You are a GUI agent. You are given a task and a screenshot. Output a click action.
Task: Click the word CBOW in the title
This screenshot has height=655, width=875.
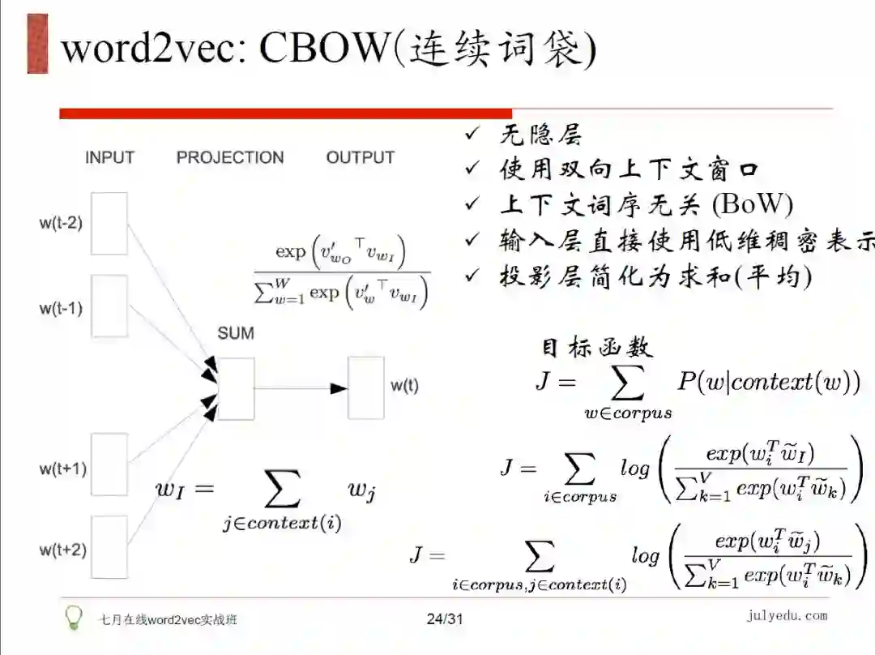point(324,49)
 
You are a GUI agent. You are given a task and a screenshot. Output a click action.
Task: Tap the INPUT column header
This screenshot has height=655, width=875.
point(109,157)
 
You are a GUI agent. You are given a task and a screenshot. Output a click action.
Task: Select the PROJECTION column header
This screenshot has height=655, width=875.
point(230,157)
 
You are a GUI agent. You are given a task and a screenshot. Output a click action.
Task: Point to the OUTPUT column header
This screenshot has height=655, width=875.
point(360,157)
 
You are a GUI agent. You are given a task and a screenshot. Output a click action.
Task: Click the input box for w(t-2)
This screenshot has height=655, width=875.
point(109,223)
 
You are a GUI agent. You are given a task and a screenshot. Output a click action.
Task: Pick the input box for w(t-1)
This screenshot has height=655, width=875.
point(109,306)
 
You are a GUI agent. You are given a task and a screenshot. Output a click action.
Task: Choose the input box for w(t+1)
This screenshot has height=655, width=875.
point(109,464)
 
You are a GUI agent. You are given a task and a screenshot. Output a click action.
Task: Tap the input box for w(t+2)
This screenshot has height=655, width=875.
point(109,546)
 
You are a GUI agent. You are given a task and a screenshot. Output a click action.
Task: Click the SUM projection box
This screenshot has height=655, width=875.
point(236,388)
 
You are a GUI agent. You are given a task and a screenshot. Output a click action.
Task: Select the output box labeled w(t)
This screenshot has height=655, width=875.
point(365,387)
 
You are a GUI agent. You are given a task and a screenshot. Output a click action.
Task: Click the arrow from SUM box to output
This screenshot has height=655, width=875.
point(301,388)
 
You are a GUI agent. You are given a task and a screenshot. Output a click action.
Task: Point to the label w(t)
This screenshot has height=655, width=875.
point(405,386)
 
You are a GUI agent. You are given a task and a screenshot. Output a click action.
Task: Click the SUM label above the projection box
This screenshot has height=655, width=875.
point(235,333)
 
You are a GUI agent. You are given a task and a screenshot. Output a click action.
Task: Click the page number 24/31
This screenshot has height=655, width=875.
point(445,619)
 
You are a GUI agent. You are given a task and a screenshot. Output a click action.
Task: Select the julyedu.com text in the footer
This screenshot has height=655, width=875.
point(787,616)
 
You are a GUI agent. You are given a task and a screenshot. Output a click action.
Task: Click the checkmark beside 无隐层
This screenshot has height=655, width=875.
point(472,134)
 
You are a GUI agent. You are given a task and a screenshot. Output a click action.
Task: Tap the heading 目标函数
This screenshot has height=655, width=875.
point(595,347)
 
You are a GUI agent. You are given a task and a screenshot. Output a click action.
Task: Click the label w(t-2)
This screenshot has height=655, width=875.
point(60,223)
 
